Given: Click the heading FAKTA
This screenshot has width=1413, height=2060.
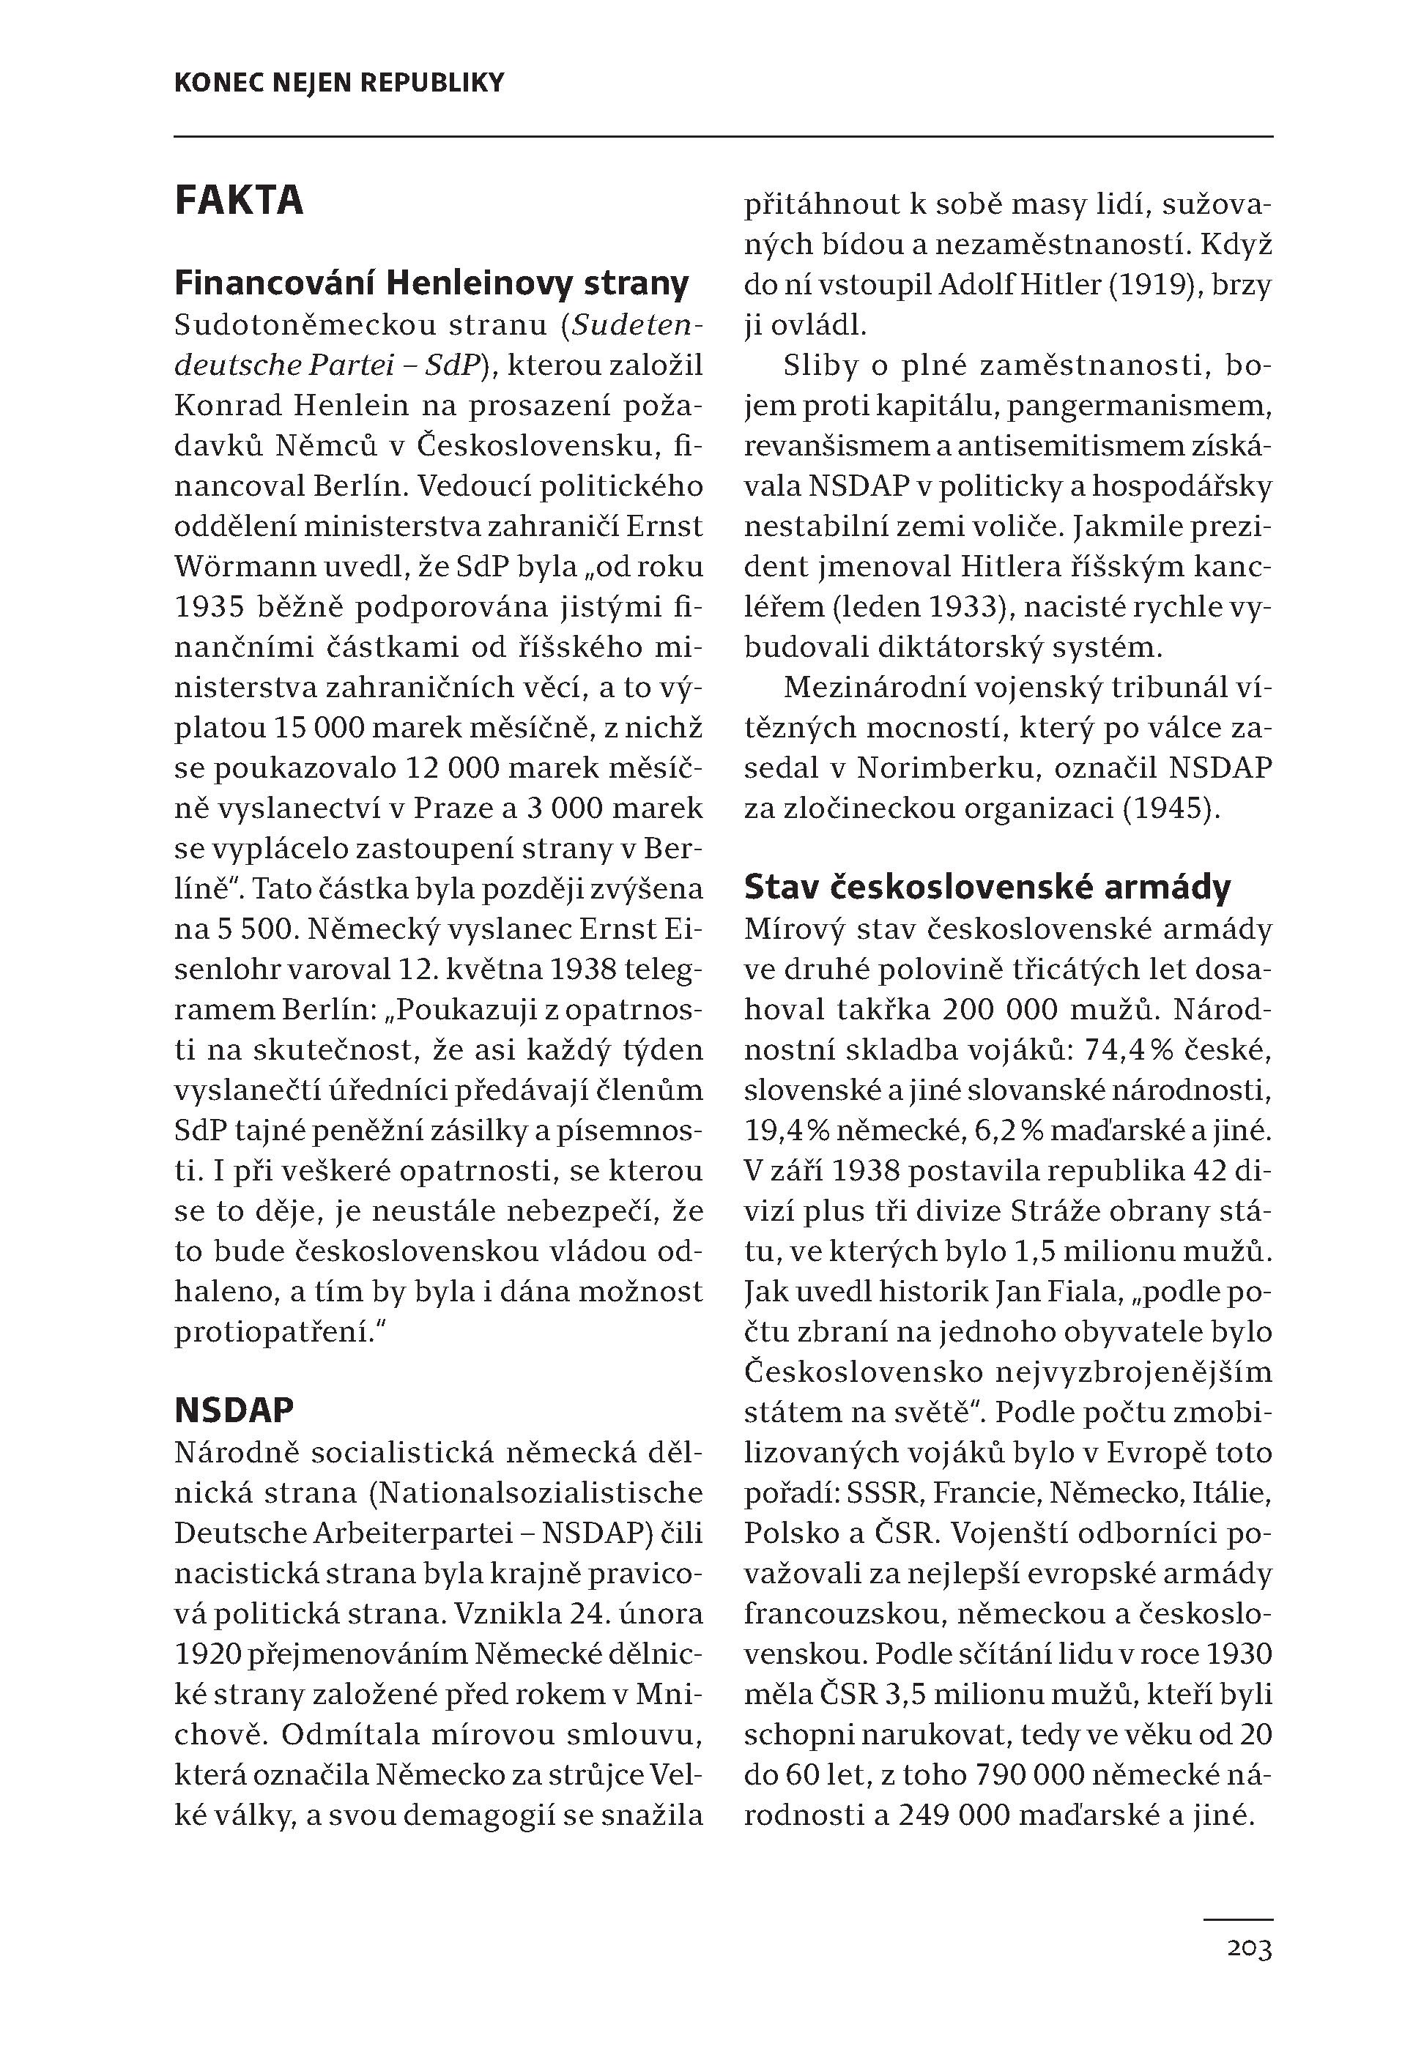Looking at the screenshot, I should click(x=240, y=201).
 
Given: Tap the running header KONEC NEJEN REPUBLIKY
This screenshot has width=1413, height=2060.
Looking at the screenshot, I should click(x=339, y=83).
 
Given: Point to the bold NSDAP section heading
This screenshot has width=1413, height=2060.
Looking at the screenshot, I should click(x=234, y=1410).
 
